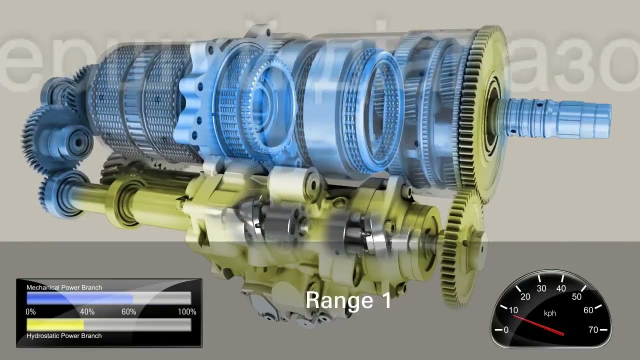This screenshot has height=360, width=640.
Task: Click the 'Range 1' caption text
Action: [348, 300]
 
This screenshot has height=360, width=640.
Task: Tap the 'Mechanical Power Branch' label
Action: [64, 287]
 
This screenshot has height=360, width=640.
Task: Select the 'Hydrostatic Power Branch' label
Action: [64, 335]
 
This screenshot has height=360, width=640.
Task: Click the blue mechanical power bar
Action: [80, 298]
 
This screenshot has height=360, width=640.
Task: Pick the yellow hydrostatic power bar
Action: [55, 324]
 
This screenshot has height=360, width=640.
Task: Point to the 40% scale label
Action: [87, 312]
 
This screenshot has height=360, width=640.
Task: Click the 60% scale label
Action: [128, 312]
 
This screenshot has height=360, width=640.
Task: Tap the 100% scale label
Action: [187, 312]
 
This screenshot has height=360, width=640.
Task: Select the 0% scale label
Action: [31, 312]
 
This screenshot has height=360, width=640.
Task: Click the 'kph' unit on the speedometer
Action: [550, 313]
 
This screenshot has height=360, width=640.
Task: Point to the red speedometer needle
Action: [538, 324]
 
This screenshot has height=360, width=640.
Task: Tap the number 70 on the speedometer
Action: [593, 329]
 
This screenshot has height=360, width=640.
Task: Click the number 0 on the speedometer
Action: [506, 329]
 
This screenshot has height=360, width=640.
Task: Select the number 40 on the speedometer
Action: [561, 288]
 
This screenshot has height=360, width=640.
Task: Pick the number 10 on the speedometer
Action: [513, 310]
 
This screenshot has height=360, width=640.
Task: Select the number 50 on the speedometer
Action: [577, 296]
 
